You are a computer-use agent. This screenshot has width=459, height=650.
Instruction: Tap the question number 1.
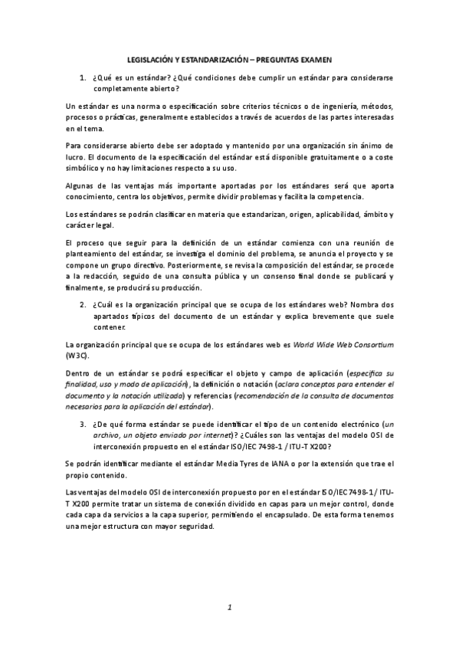(82, 77)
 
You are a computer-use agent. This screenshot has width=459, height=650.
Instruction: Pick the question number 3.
(82, 423)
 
